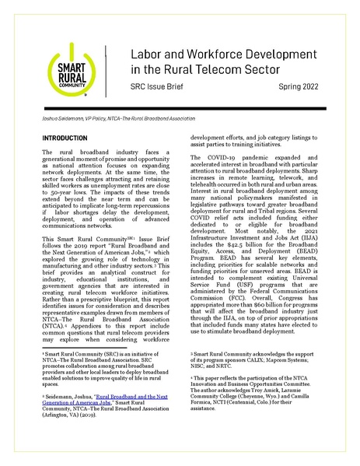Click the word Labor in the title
[x=148, y=57]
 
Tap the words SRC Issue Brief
[x=156, y=97]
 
